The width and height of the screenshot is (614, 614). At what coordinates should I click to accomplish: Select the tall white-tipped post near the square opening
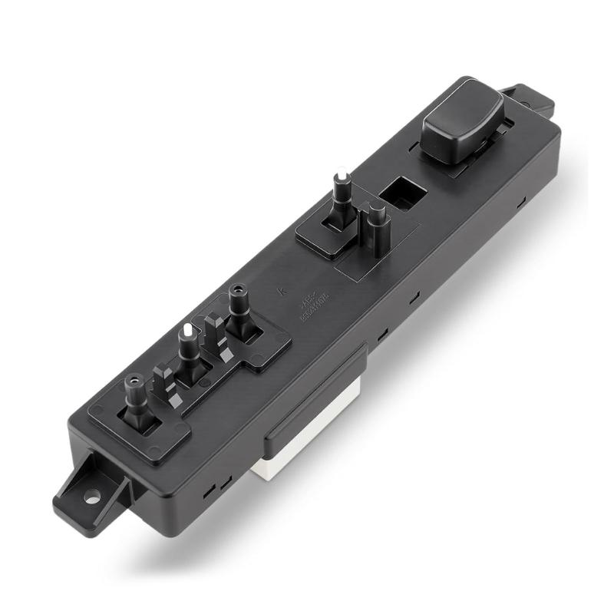point(342,196)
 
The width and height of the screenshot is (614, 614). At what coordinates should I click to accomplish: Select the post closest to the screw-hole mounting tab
point(136,399)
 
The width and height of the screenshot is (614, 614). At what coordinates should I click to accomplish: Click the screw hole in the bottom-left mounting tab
point(92,497)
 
